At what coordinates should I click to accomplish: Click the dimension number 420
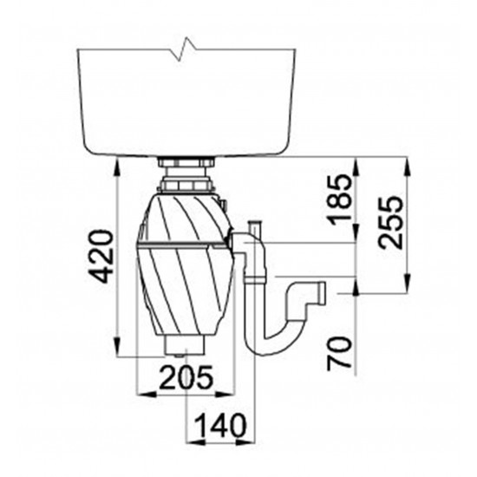[x=101, y=257]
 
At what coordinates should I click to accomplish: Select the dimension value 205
[x=186, y=377]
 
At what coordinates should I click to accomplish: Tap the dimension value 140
[x=220, y=426]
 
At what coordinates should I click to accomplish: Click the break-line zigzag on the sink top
[x=186, y=49]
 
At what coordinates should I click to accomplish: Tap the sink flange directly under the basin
[x=186, y=162]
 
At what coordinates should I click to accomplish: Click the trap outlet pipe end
[x=322, y=293]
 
